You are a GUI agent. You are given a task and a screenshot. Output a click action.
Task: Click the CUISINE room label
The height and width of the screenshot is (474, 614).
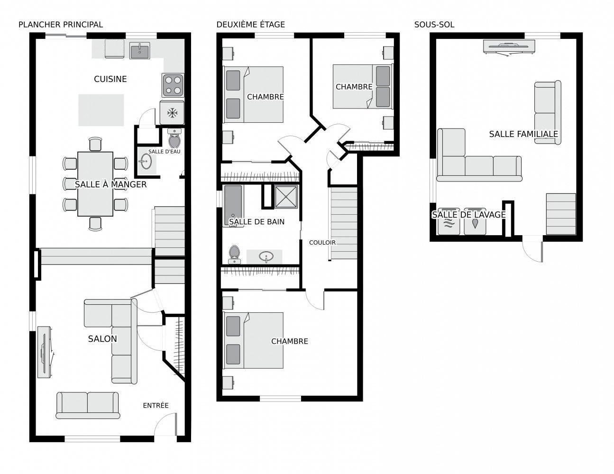tap(110, 79)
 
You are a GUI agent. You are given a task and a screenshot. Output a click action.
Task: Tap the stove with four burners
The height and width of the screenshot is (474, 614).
tap(173, 85)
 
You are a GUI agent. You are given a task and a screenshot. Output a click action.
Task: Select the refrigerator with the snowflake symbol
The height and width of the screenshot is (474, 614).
tap(172, 112)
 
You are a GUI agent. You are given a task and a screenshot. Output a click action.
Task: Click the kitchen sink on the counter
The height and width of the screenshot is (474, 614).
tap(139, 51)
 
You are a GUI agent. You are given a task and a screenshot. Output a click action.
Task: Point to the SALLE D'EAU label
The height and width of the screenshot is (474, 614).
tap(164, 151)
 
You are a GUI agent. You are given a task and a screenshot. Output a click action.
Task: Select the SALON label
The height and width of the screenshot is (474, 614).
tap(102, 339)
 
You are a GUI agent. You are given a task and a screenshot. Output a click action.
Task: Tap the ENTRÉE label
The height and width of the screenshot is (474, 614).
tap(156, 405)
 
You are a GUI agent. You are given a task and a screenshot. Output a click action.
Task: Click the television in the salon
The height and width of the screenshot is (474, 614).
tap(45, 352)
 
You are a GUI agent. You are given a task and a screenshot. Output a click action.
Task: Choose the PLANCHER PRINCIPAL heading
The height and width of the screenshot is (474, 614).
tap(61, 25)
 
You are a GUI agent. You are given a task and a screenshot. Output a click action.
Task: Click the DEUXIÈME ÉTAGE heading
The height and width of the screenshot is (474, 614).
tap(251, 25)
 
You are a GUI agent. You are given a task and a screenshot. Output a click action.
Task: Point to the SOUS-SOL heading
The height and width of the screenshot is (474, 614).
tap(434, 25)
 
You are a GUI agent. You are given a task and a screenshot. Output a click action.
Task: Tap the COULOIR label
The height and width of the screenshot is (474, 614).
tap(322, 242)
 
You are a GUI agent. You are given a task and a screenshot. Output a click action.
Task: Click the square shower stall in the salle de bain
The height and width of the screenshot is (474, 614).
tap(286, 197)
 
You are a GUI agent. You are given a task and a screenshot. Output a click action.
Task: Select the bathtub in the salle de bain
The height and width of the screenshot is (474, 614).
tap(233, 206)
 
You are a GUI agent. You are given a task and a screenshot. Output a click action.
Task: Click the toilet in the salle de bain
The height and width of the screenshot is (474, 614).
tap(234, 254)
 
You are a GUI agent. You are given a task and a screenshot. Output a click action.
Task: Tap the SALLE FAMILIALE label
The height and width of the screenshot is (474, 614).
tap(523, 134)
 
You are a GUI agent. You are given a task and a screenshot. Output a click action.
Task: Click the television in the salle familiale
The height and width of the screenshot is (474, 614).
tap(509, 46)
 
